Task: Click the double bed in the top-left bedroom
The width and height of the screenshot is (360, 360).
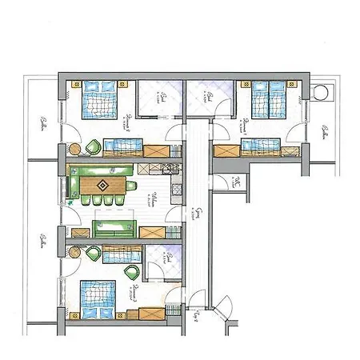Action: [99, 101]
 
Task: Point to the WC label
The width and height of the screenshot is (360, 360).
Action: [237, 183]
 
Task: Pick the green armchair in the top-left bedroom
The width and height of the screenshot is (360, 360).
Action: [94, 146]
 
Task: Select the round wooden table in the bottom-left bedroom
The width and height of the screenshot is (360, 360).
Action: [75, 253]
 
